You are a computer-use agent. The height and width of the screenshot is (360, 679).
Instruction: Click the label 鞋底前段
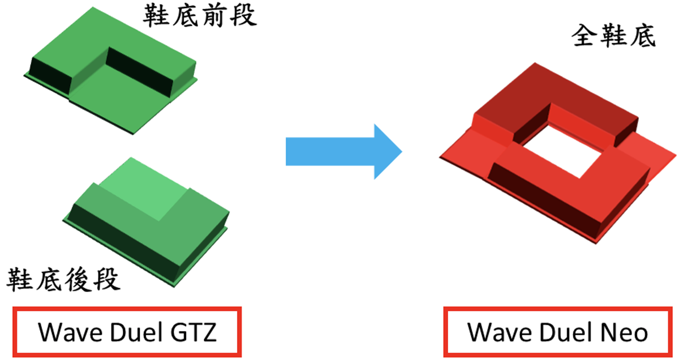[199, 16]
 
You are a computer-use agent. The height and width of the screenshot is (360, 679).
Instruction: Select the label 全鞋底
[613, 37]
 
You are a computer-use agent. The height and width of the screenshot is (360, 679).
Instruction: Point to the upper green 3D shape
[113, 85]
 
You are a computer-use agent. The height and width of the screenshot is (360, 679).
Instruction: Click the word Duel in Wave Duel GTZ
[131, 332]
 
